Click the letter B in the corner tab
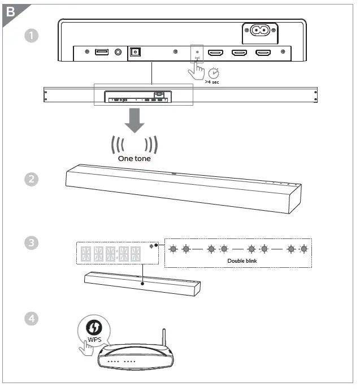[10, 11]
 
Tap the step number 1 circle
[32, 36]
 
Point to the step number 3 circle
[32, 243]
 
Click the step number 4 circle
[32, 318]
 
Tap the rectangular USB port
[102, 53]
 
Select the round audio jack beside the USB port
[118, 53]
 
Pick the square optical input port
[135, 52]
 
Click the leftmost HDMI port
[215, 53]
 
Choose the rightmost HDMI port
[263, 53]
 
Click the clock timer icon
[213, 73]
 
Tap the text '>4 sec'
[212, 82]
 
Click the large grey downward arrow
[134, 121]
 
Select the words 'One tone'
[133, 159]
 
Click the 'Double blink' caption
[242, 261]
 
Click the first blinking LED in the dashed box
[173, 249]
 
